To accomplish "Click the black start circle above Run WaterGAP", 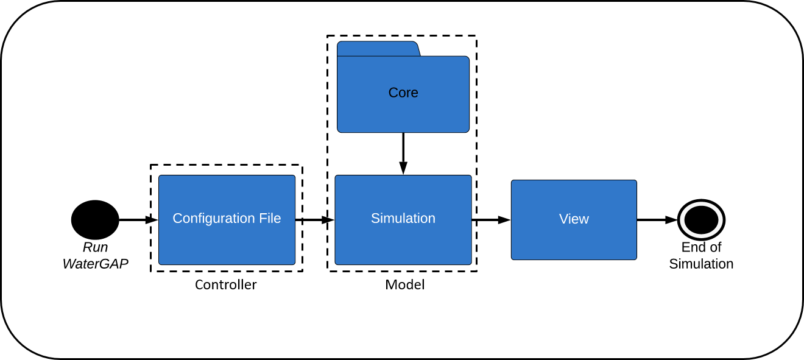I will click(x=95, y=220).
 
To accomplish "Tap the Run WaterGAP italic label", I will click(x=95, y=256).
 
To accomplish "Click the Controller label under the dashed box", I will click(x=225, y=284).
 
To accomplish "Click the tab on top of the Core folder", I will click(x=378, y=49).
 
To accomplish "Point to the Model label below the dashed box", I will click(x=404, y=284).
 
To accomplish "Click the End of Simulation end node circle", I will click(x=701, y=220).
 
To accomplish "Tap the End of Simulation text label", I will click(x=701, y=256).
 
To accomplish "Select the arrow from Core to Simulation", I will click(x=403, y=149).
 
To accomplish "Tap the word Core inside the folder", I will click(x=403, y=93).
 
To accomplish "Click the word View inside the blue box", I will click(x=574, y=219).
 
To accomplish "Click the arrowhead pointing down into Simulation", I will click(x=403, y=168).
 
